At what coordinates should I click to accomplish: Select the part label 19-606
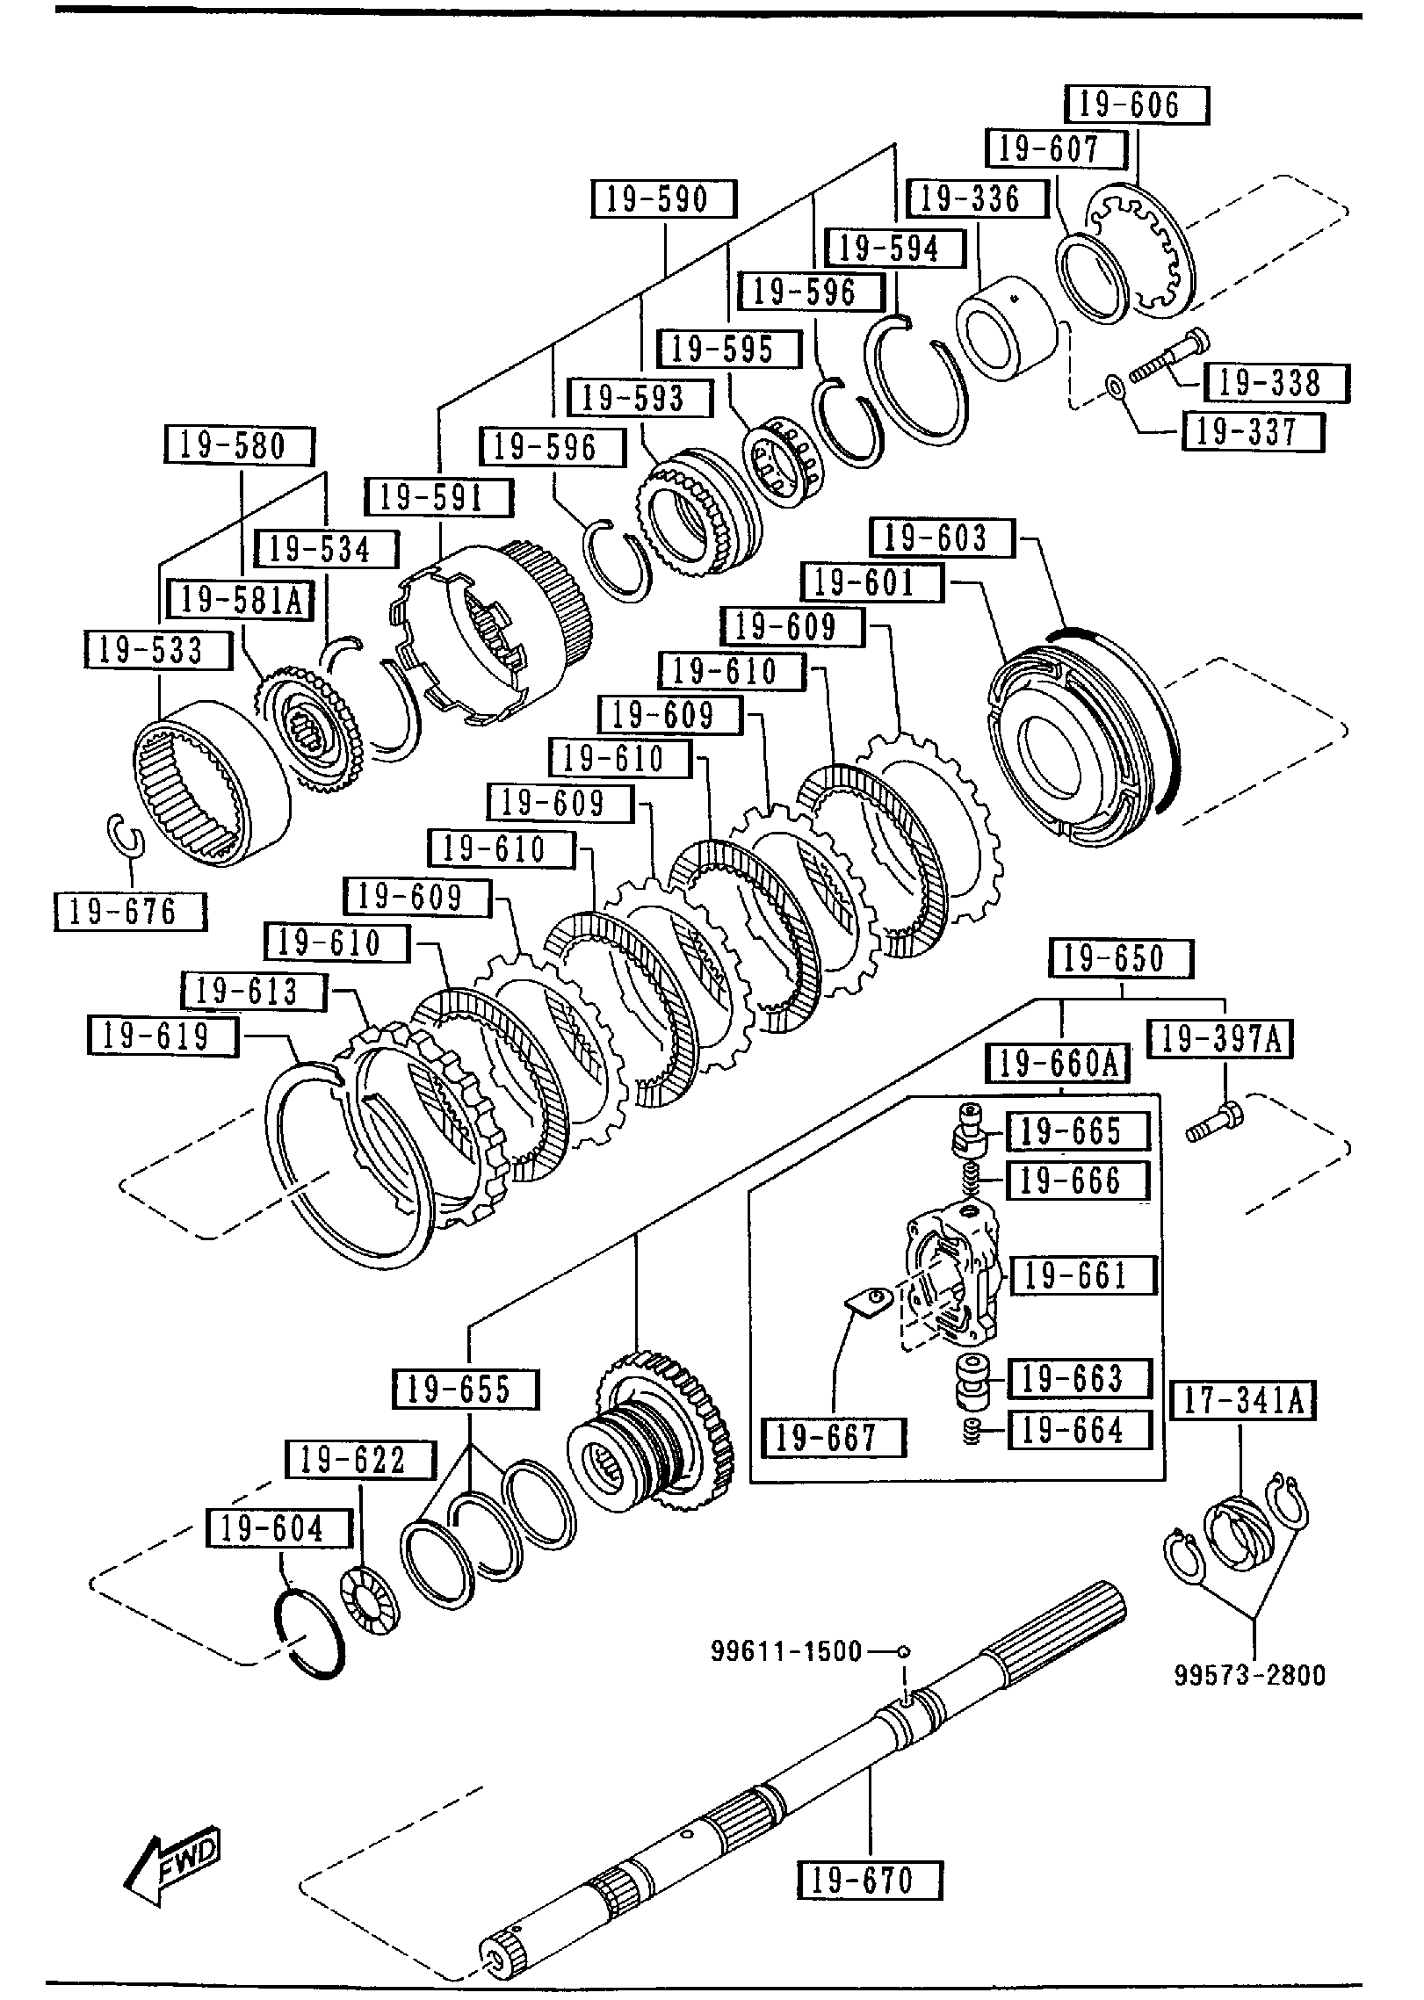[x=1136, y=105]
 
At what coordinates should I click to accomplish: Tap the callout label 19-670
[x=869, y=1881]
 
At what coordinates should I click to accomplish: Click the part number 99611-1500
[x=786, y=1651]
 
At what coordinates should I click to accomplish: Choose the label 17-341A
[x=1242, y=1400]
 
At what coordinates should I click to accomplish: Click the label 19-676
[x=130, y=911]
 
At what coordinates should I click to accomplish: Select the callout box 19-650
[x=1121, y=958]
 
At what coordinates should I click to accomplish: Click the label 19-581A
[x=241, y=601]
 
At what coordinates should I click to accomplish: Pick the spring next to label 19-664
[x=972, y=1432]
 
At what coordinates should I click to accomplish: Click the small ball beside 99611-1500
[x=904, y=1651]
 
